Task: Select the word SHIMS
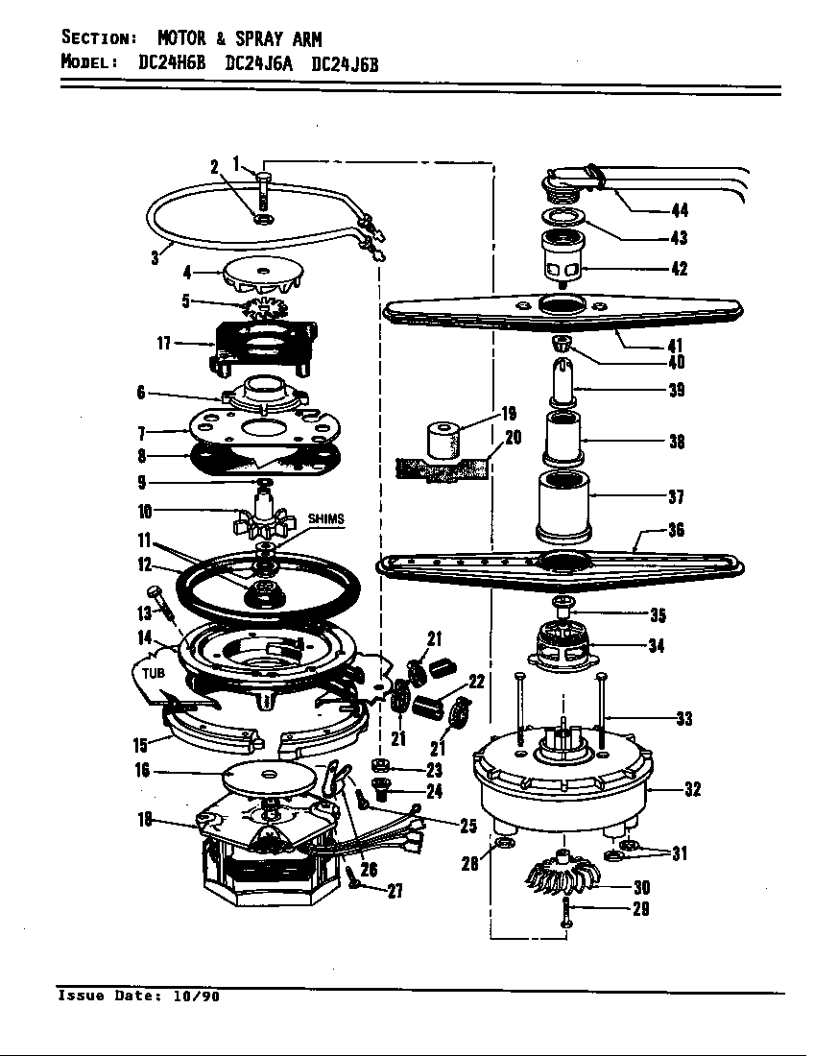325,519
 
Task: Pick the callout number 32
691,789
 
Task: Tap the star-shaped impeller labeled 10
261,519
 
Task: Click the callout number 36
676,530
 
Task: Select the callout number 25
468,826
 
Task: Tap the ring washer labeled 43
564,216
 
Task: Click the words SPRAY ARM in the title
277,39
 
